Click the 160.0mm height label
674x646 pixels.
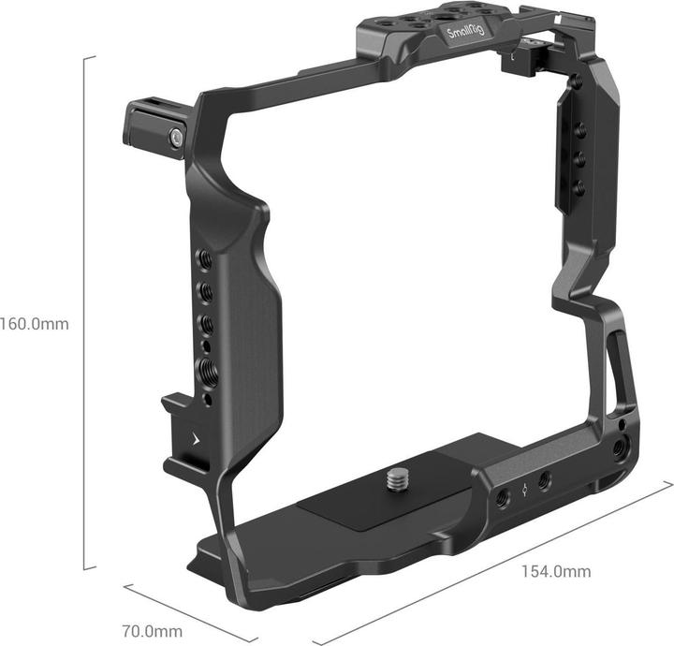click(35, 324)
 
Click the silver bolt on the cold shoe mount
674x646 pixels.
click(175, 139)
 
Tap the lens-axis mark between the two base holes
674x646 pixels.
click(525, 489)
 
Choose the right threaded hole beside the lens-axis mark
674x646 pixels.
click(545, 480)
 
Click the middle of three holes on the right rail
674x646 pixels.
click(578, 158)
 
